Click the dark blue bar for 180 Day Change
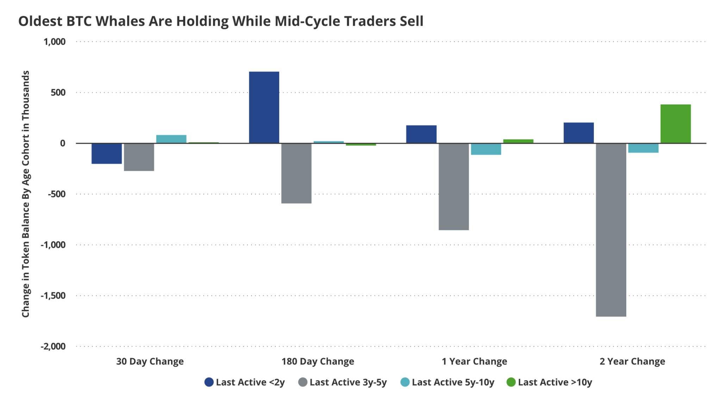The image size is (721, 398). [264, 107]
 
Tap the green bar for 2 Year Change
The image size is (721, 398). [675, 124]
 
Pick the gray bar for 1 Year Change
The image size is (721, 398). [453, 187]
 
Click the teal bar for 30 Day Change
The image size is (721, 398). [171, 139]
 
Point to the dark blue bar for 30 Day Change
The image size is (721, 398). [106, 154]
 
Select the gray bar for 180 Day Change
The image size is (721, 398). [296, 173]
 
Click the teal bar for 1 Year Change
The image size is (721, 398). [486, 149]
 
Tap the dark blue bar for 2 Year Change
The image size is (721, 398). [578, 133]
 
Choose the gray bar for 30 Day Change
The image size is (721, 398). [139, 157]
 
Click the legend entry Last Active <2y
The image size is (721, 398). [245, 382]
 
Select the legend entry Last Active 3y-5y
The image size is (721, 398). [343, 382]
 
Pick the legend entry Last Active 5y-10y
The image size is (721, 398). [447, 382]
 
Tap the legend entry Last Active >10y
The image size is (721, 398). [549, 382]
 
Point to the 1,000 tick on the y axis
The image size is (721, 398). [55, 42]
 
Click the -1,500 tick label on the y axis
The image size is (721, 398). [53, 296]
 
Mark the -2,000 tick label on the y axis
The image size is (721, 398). [53, 346]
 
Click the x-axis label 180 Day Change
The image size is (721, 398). [318, 361]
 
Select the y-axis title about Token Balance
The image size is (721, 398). [25, 194]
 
